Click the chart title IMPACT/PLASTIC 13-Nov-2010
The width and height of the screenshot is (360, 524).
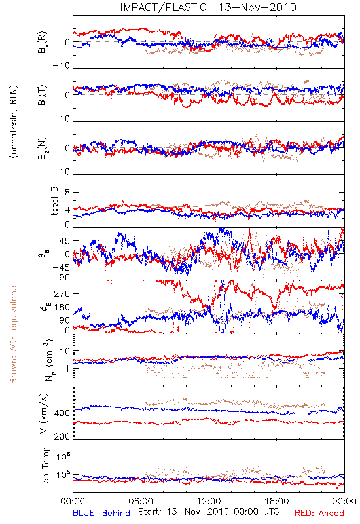click(x=208, y=7)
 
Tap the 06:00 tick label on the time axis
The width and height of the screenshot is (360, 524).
click(x=141, y=501)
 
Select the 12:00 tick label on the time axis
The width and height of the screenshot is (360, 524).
click(x=209, y=501)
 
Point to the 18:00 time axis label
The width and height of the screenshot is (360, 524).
click(x=277, y=501)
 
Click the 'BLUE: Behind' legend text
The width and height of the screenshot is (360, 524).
click(x=101, y=514)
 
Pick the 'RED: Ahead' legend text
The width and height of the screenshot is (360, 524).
click(x=319, y=514)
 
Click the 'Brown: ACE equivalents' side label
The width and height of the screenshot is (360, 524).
click(x=13, y=333)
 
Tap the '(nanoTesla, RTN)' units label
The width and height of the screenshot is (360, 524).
click(x=14, y=122)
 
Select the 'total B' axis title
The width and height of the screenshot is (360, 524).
click(x=54, y=201)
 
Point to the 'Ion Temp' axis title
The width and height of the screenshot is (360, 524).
click(x=45, y=466)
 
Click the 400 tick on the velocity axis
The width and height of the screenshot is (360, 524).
click(x=62, y=413)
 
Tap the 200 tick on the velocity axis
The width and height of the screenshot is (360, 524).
click(x=62, y=436)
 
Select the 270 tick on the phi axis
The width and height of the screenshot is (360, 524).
click(x=62, y=294)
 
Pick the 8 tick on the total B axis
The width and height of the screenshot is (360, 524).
click(x=67, y=193)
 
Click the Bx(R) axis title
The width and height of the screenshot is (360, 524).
click(x=43, y=43)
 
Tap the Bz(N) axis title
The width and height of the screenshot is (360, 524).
click(x=43, y=149)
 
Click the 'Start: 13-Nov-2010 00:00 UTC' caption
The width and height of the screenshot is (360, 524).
click(x=209, y=512)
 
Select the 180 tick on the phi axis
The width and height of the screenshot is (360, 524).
click(x=62, y=307)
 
